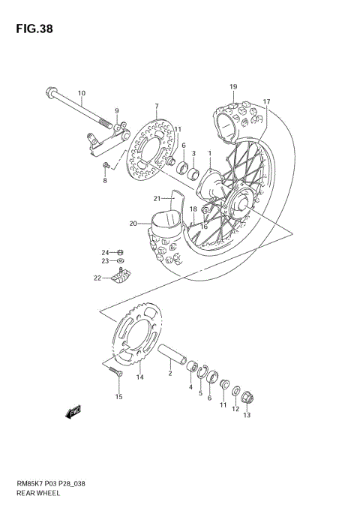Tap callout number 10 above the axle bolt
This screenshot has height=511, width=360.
click(82, 93)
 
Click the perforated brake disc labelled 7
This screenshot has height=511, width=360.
click(149, 146)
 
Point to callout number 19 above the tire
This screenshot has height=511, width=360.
click(233, 86)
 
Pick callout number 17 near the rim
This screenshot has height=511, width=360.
click(265, 101)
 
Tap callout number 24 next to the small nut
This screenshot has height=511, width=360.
click(106, 252)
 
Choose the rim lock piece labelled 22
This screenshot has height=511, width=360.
click(120, 278)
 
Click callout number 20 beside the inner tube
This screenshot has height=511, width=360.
click(133, 223)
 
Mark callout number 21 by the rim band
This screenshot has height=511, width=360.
click(157, 199)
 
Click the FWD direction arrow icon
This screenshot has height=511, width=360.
click(73, 412)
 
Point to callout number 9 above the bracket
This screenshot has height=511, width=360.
click(116, 112)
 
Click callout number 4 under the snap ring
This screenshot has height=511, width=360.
click(190, 387)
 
